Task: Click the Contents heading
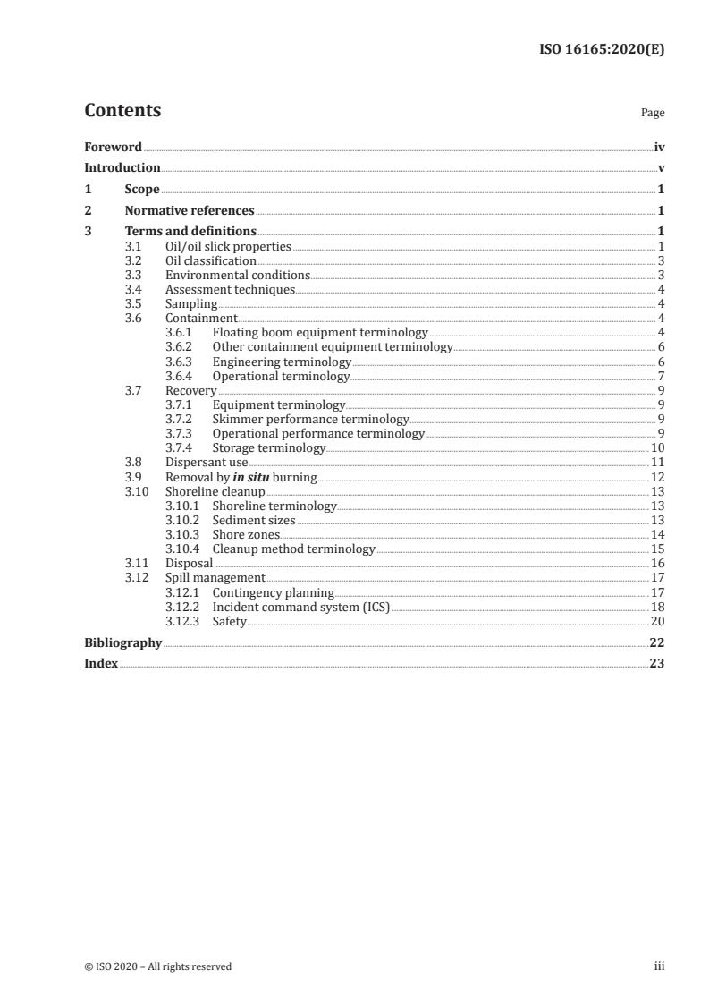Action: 122,111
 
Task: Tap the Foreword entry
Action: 113,147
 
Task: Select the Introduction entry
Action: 122,167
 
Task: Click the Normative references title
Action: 190,211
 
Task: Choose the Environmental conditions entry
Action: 238,275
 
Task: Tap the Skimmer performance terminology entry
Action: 310,419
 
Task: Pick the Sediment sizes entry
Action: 253,520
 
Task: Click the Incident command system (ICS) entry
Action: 301,607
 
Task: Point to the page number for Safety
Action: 657,621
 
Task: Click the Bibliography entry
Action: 122,642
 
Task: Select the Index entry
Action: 101,664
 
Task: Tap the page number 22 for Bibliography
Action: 657,642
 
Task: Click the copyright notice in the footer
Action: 157,966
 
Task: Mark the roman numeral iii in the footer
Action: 660,966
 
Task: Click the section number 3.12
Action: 134,578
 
